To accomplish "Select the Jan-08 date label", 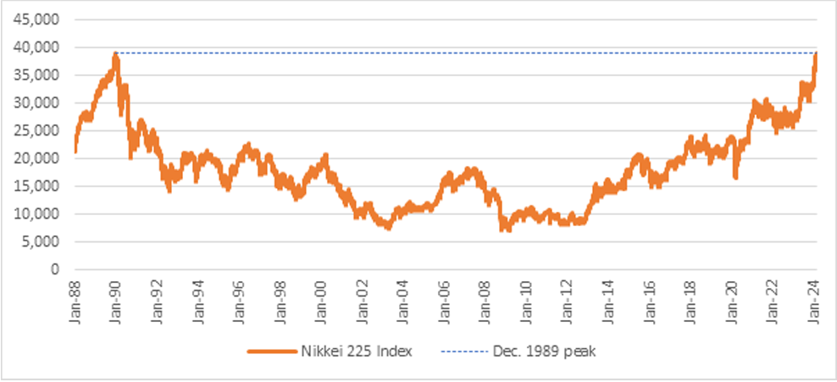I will [485, 295].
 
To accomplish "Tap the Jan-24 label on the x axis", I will [813, 295].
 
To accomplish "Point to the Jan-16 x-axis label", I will [649, 295].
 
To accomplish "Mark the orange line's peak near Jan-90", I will [115, 54].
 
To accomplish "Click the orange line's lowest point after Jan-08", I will [506, 230].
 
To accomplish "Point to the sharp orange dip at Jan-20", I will [735, 176].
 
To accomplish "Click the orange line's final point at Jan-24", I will [816, 53].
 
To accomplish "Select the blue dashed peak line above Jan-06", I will [444, 53].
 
